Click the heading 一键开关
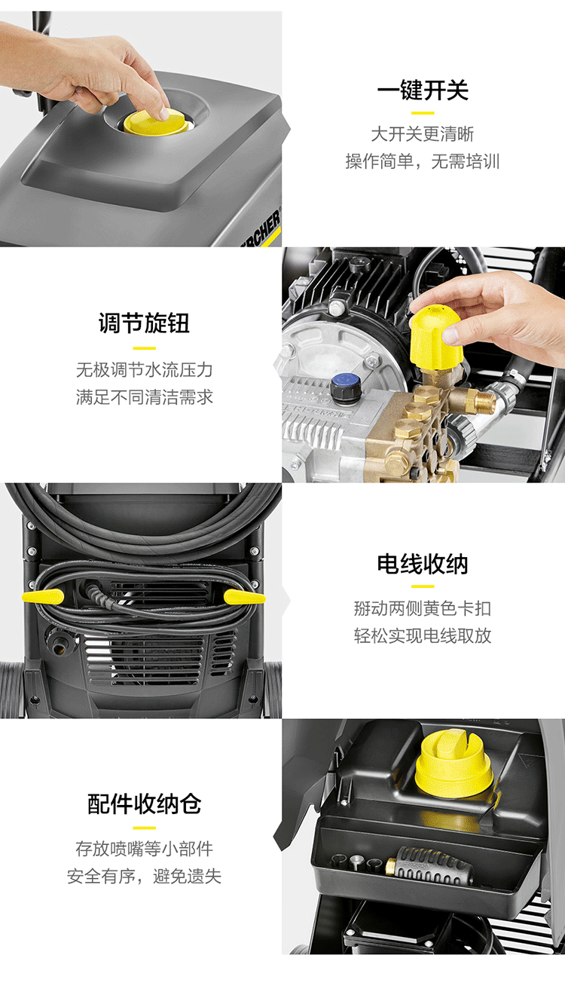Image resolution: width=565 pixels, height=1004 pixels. pyautogui.click(x=423, y=90)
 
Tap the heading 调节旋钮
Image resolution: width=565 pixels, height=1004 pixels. pyautogui.click(x=144, y=323)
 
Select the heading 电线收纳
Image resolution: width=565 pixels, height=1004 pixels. pyautogui.click(x=423, y=564)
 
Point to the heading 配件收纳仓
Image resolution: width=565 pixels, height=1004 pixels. pyautogui.click(x=144, y=804)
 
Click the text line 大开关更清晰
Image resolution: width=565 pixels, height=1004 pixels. pyautogui.click(x=423, y=134)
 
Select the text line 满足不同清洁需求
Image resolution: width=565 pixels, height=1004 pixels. pyautogui.click(x=144, y=397)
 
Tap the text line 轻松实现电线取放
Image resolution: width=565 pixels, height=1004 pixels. pyautogui.click(x=423, y=635)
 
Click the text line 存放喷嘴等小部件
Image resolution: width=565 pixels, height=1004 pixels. pyautogui.click(x=144, y=848)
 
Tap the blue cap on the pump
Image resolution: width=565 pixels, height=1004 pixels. pyautogui.click(x=344, y=385)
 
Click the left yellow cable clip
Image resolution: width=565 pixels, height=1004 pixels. pyautogui.click(x=43, y=597)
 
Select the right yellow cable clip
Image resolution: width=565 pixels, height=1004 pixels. pyautogui.click(x=244, y=597)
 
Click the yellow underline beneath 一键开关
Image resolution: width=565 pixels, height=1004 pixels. pyautogui.click(x=423, y=112)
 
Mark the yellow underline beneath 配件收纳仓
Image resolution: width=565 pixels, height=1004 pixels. pyautogui.click(x=144, y=827)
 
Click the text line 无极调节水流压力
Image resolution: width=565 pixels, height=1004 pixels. pyautogui.click(x=144, y=370)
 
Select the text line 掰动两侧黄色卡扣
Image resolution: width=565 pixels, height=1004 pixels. pyautogui.click(x=423, y=608)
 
